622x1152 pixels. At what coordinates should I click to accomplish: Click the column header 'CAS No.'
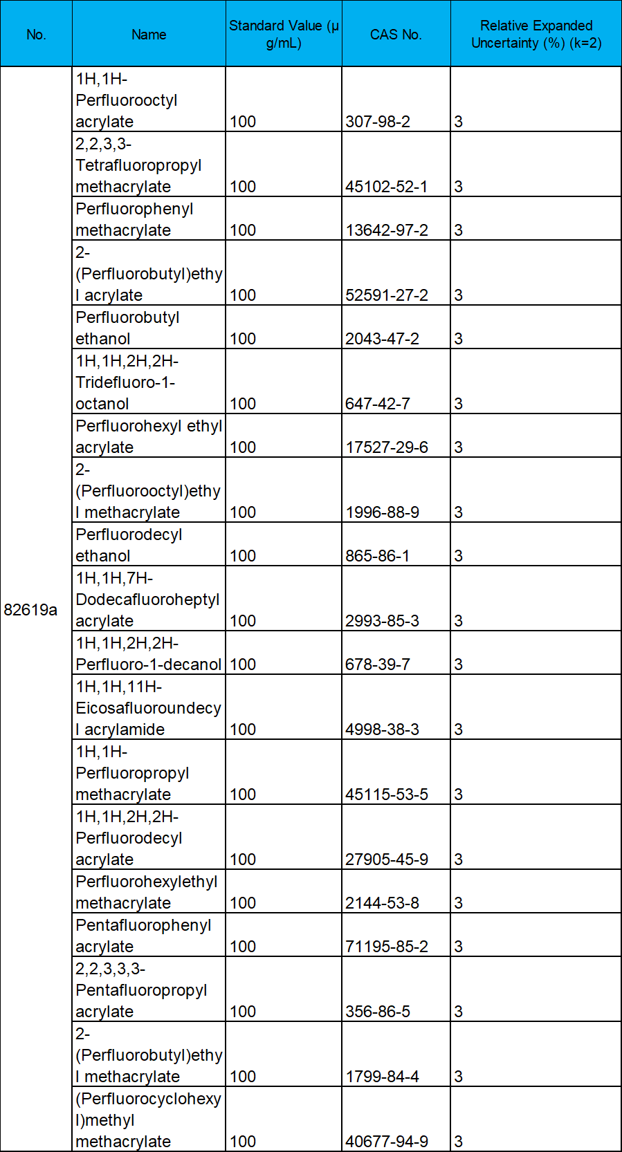click(x=396, y=35)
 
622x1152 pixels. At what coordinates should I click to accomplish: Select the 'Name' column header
click(x=149, y=35)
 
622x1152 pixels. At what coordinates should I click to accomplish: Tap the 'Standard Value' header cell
click(x=284, y=35)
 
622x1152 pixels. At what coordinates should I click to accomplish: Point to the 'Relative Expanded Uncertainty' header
click(x=536, y=35)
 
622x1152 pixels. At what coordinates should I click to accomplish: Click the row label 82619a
click(x=30, y=610)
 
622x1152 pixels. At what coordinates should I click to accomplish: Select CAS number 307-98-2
click(x=378, y=122)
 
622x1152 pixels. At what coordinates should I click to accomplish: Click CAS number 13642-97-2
click(x=387, y=230)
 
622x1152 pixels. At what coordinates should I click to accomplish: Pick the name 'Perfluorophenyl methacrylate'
click(x=134, y=219)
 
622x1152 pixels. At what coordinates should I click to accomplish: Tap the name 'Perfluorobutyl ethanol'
click(x=127, y=328)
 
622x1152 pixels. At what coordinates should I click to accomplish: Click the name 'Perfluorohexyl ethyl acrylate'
click(x=149, y=436)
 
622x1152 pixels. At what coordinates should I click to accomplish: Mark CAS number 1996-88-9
click(x=383, y=512)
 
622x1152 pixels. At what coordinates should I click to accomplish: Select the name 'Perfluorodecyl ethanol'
click(x=129, y=545)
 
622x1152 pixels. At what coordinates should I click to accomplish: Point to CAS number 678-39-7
click(x=378, y=665)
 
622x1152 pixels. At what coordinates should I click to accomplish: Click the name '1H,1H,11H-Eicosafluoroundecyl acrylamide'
click(x=149, y=708)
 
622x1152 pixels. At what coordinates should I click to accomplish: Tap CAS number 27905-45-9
click(x=387, y=860)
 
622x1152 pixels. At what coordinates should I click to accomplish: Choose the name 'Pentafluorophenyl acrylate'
click(x=143, y=936)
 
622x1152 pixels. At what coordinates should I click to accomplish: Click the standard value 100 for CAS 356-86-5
click(x=243, y=1012)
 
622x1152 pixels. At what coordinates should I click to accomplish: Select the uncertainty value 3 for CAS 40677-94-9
click(x=459, y=1142)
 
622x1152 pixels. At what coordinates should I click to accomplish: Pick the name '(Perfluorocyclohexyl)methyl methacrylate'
click(x=149, y=1120)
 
